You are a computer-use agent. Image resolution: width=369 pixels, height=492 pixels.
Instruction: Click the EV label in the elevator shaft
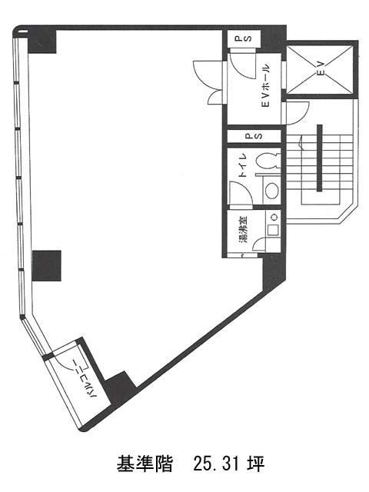click(321, 68)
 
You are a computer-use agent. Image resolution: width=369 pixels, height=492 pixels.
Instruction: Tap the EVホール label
click(264, 85)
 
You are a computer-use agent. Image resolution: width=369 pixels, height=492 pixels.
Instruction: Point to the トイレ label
click(243, 166)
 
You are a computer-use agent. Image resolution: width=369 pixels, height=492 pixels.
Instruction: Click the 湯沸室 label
click(243, 229)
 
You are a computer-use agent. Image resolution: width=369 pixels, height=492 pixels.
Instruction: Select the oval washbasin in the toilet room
click(271, 191)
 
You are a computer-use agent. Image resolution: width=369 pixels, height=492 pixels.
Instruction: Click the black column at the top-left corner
click(42, 41)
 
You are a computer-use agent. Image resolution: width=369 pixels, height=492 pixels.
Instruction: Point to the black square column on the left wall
click(47, 265)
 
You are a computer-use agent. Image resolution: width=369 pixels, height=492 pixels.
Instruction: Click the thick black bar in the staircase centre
click(320, 158)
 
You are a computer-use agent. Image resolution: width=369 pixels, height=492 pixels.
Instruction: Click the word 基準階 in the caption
click(145, 464)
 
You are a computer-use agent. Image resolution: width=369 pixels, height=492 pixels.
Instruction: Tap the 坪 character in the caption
click(255, 464)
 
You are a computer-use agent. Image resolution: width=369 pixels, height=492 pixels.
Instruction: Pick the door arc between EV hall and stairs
click(298, 112)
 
